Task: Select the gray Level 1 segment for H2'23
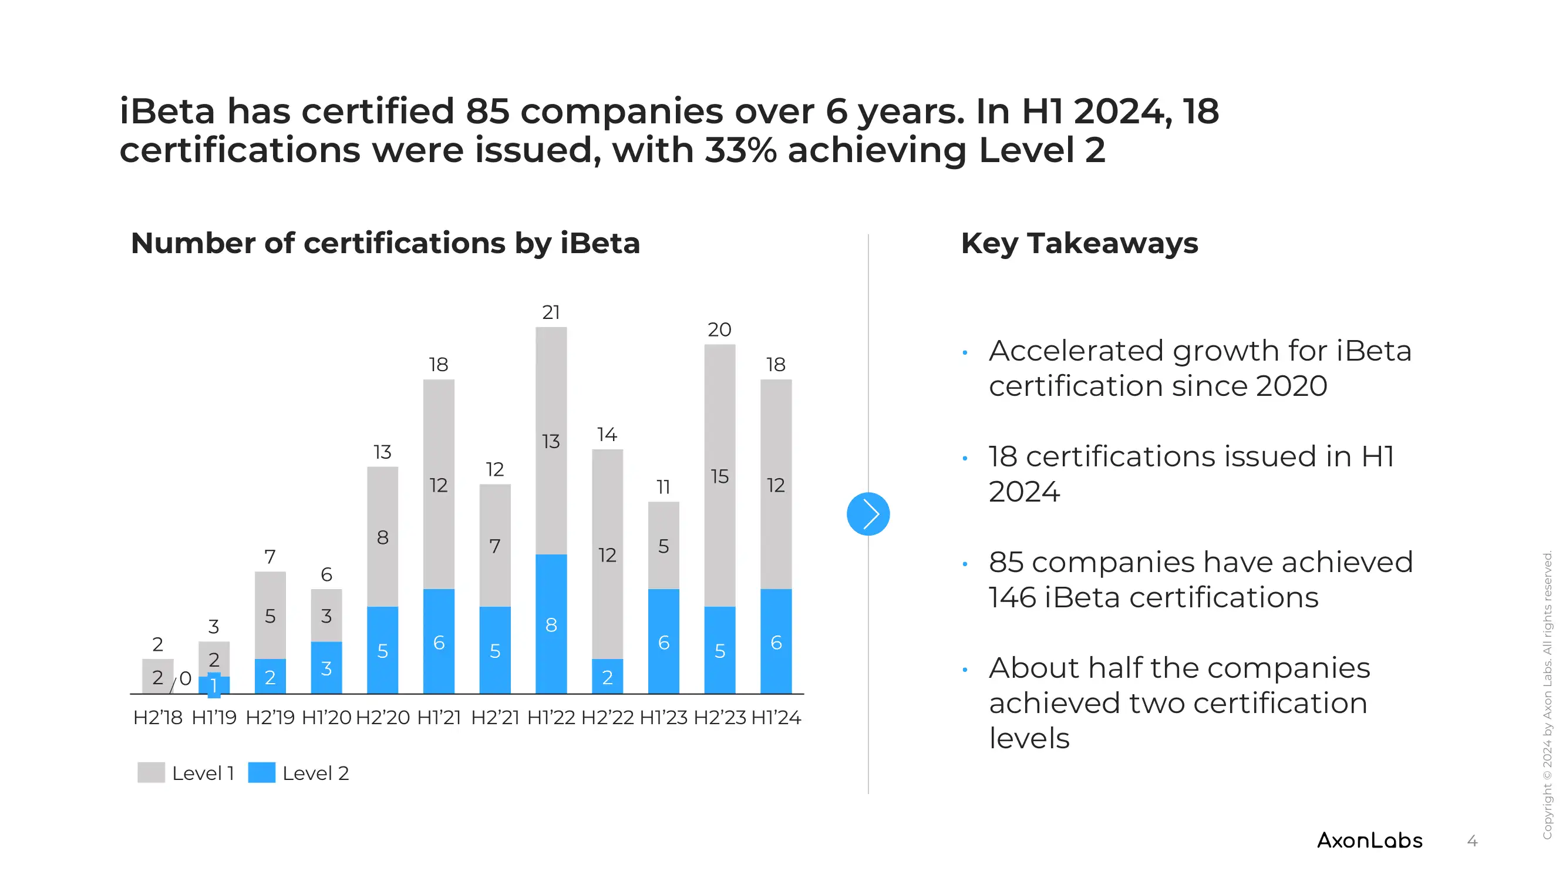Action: (719, 476)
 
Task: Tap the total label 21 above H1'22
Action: (551, 312)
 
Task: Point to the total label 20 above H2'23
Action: (719, 330)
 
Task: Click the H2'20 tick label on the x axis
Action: (382, 718)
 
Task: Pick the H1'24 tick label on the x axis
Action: (776, 718)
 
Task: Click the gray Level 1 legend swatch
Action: (151, 773)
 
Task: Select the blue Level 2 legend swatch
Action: (261, 773)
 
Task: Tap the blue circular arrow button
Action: (867, 514)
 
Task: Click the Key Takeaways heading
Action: (1079, 243)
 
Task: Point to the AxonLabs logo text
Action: (1369, 841)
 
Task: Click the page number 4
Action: (1472, 842)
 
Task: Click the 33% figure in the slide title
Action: (740, 150)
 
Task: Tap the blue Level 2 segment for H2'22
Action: (607, 676)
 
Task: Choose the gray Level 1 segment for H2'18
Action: (157, 676)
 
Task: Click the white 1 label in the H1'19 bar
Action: (213, 686)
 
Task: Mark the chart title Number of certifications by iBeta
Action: (385, 243)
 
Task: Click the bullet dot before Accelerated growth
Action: (965, 352)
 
